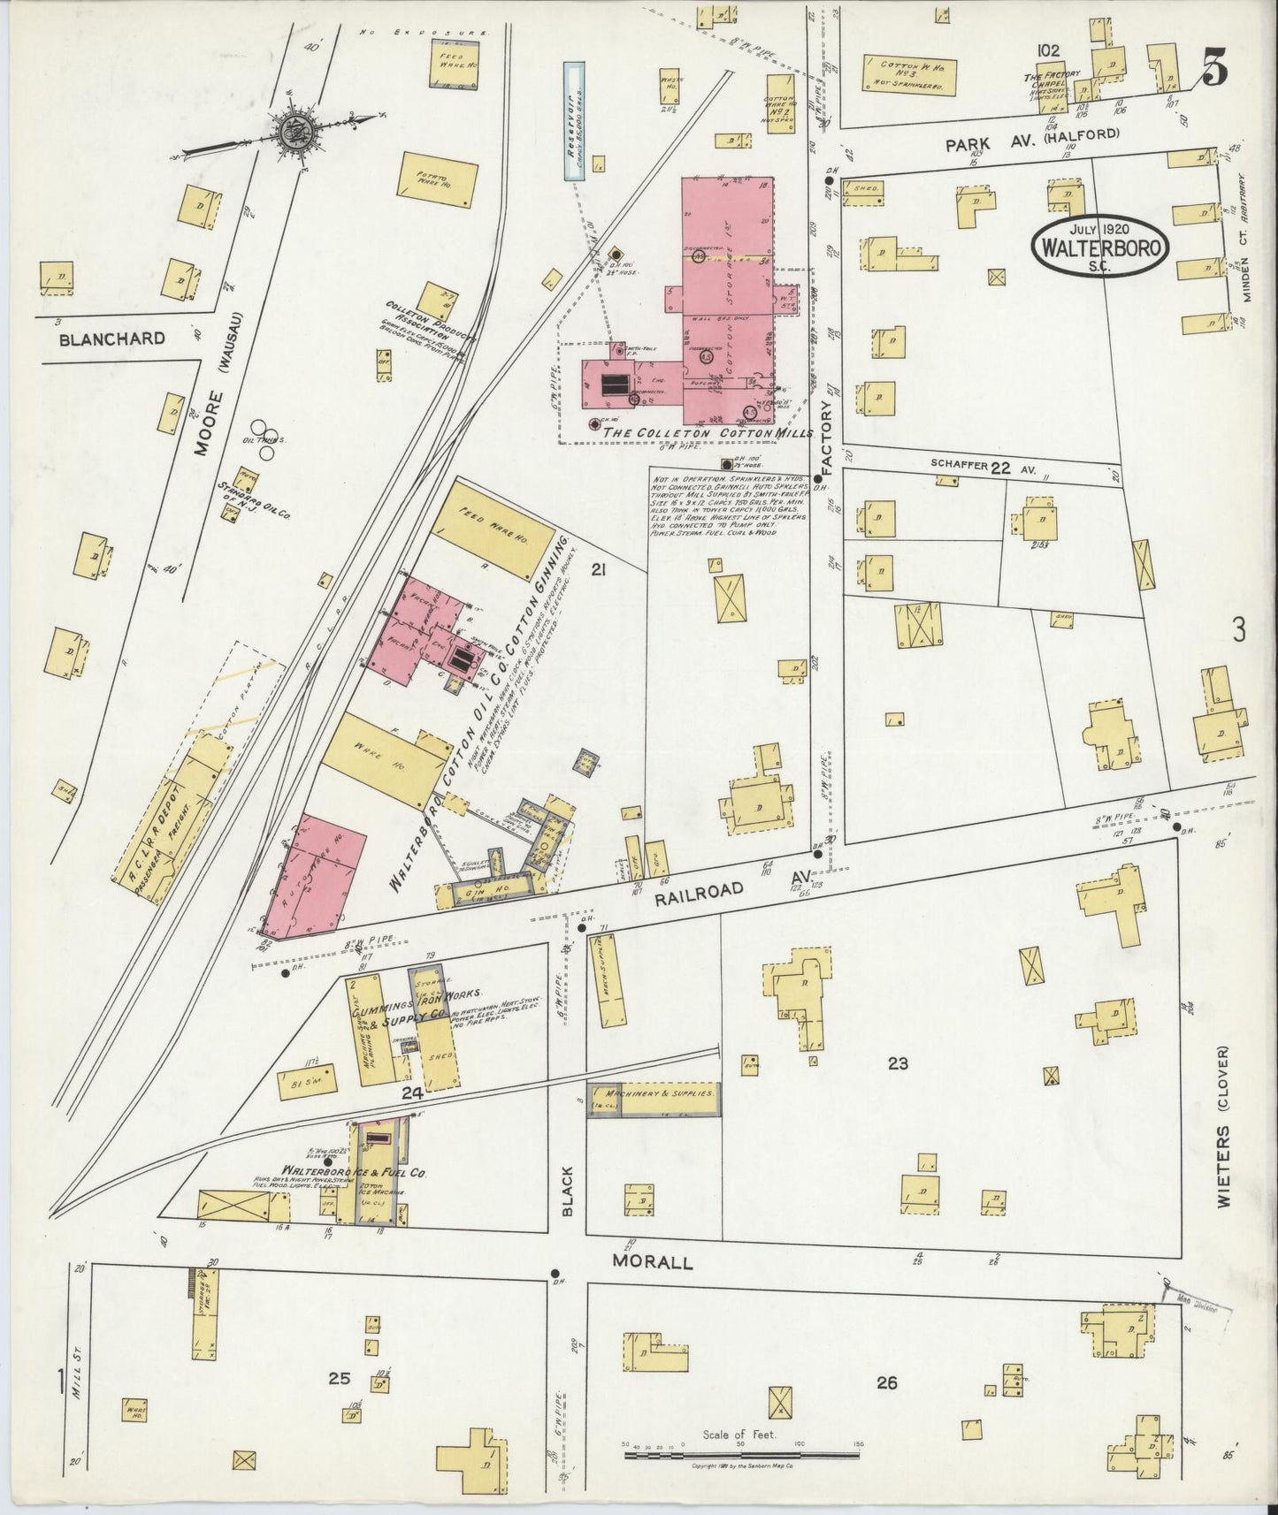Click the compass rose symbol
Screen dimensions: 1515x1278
click(291, 132)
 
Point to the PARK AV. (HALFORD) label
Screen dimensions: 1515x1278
click(1032, 140)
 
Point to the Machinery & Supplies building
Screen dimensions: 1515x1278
click(654, 1099)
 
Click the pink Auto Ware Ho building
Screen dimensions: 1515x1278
click(318, 877)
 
